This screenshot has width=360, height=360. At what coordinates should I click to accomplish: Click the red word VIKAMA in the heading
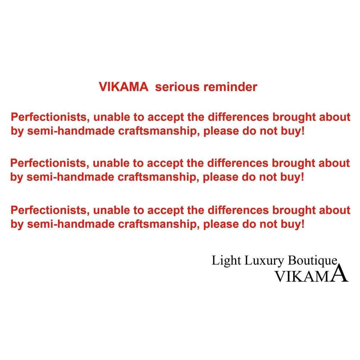[123, 87]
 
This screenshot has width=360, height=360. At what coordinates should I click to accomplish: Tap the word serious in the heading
[177, 87]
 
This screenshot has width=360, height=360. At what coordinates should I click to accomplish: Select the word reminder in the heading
[230, 87]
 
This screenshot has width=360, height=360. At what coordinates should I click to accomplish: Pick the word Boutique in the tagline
[313, 261]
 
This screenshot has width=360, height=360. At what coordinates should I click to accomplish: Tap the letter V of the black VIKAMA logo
[280, 276]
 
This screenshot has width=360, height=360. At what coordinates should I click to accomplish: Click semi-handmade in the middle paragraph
[71, 177]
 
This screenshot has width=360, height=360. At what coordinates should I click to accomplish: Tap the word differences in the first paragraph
[238, 117]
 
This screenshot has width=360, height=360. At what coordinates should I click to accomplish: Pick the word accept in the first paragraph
[166, 118]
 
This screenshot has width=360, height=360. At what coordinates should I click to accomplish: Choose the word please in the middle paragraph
[220, 177]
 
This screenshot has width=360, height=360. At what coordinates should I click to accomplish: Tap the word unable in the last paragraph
[112, 210]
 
